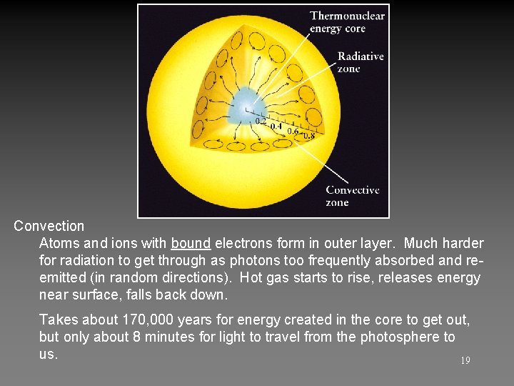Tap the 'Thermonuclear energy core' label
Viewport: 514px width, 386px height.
(347, 21)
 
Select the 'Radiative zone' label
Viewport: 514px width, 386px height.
(360, 62)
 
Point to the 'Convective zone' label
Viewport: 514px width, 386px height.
(352, 196)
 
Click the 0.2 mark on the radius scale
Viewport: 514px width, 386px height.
(261, 121)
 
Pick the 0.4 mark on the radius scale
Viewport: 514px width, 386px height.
(276, 127)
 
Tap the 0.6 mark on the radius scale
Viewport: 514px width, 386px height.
(293, 132)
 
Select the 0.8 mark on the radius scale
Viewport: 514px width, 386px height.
(308, 136)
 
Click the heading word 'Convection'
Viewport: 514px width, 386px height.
(49, 226)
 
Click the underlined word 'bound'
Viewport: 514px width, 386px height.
(191, 244)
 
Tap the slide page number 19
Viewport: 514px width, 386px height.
(465, 361)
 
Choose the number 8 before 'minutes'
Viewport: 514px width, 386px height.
(137, 337)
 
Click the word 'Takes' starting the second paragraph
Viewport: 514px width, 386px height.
(58, 320)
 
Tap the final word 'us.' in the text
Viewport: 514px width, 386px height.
(48, 354)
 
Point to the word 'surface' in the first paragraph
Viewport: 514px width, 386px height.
(94, 295)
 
